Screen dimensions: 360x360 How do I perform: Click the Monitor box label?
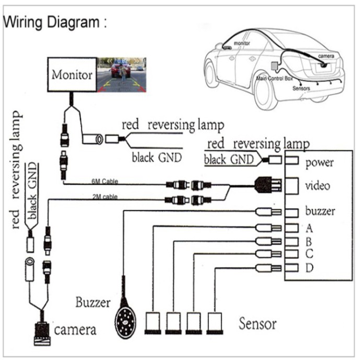(x=72, y=74)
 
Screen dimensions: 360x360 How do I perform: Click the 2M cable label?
(x=103, y=197)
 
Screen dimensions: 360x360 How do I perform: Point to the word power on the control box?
(x=320, y=162)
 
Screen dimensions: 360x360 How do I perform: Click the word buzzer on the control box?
(x=320, y=212)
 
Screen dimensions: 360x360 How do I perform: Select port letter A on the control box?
(x=309, y=228)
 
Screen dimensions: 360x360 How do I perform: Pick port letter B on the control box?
(x=309, y=242)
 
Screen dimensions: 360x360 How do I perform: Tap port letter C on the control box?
(x=309, y=255)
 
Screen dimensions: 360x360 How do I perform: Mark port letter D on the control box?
(x=309, y=269)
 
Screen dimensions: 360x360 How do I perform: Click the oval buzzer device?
(x=124, y=316)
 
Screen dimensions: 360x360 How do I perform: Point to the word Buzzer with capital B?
(x=93, y=303)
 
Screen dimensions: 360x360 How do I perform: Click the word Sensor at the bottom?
(x=258, y=323)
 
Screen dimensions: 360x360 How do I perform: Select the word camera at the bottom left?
(x=75, y=330)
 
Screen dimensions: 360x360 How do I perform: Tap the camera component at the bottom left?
(x=41, y=330)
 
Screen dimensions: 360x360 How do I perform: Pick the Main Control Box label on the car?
(x=273, y=79)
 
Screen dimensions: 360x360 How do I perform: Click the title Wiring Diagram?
(x=55, y=23)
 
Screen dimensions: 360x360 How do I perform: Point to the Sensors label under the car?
(x=301, y=89)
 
